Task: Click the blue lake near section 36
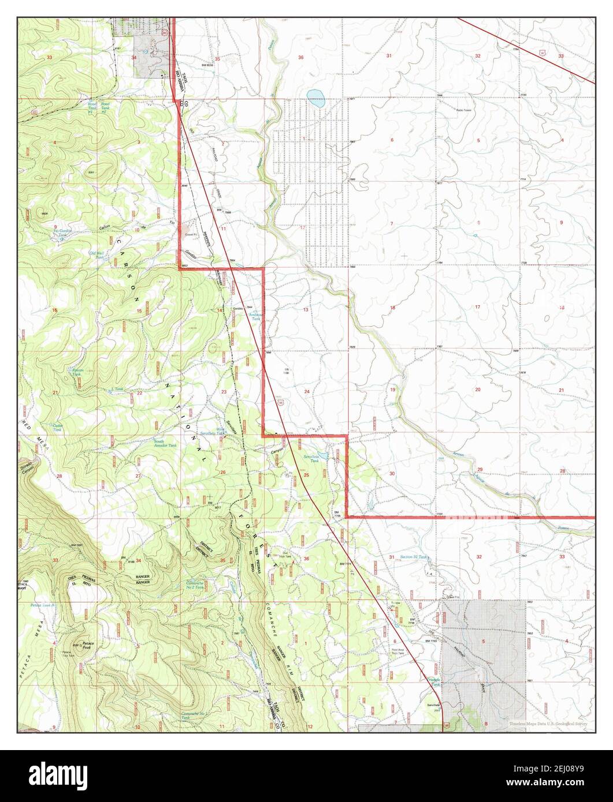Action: tap(315, 99)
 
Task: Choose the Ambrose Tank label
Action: tap(255, 316)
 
